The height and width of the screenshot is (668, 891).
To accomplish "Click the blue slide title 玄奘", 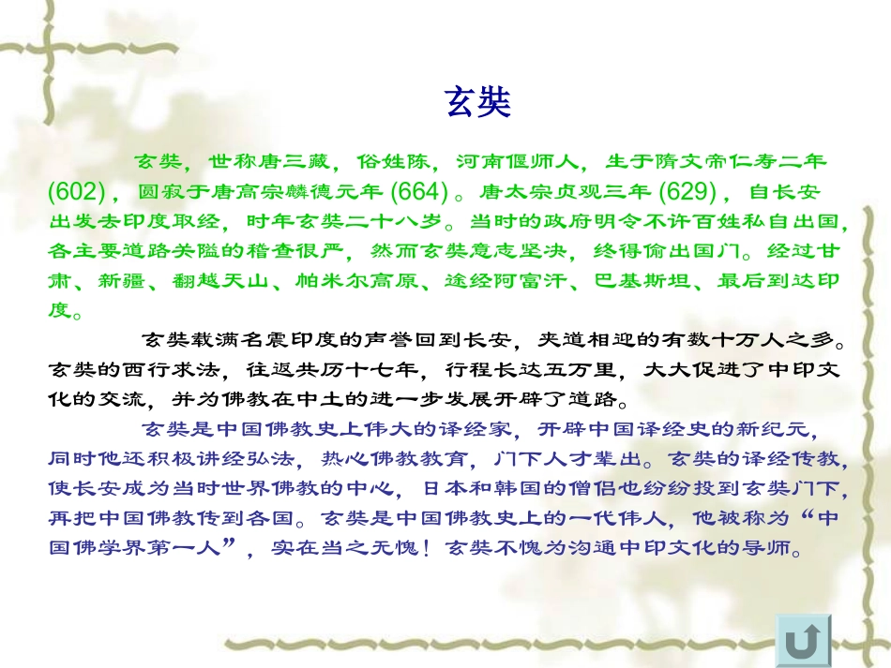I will (x=477, y=102).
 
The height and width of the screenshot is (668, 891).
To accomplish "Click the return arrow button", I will (x=804, y=642).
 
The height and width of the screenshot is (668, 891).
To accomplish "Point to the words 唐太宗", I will (x=510, y=193).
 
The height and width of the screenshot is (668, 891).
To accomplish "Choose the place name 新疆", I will (x=141, y=280).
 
